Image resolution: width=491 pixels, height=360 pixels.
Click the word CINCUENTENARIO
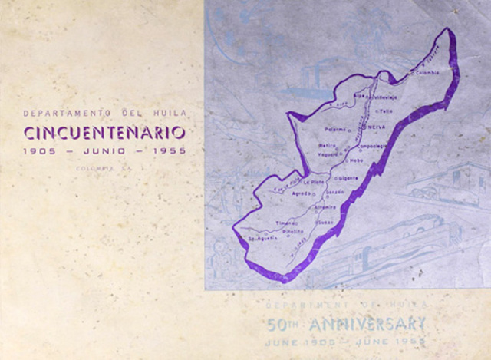[104, 132]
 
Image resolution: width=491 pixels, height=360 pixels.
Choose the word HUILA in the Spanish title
[167, 113]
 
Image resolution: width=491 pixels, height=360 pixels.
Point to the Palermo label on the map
[336, 129]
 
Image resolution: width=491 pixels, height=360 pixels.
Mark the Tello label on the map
[385, 111]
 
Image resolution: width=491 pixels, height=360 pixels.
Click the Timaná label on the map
[285, 222]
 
